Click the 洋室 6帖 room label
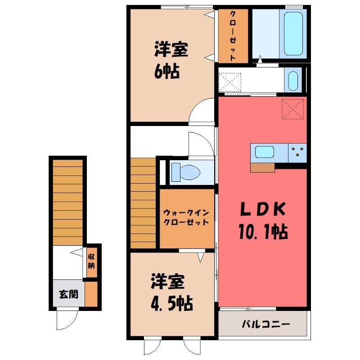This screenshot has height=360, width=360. pyautogui.click(x=171, y=60)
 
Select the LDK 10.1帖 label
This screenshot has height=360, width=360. pyautogui.click(x=263, y=220)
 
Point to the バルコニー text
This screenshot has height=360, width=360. pyautogui.click(x=265, y=324)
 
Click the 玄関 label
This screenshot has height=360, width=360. pyautogui.click(x=69, y=294)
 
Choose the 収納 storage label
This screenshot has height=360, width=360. pyautogui.click(x=91, y=261)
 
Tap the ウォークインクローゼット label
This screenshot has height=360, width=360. pyautogui.click(x=186, y=217)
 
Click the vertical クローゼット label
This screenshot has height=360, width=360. pyautogui.click(x=233, y=36)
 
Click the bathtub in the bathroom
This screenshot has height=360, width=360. pyautogui.click(x=293, y=34)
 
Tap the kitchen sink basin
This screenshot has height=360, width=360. pyautogui.click(x=265, y=152)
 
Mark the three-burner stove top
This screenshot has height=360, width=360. pyautogui.click(x=297, y=153)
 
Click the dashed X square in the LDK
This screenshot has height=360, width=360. pyautogui.click(x=293, y=109)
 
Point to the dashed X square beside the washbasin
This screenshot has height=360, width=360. pyautogui.click(x=229, y=82)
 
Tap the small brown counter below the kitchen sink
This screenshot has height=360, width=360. pyautogui.click(x=262, y=167)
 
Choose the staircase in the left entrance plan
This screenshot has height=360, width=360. pyautogui.click(x=68, y=202)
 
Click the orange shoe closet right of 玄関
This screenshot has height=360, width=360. pyautogui.click(x=91, y=294)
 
